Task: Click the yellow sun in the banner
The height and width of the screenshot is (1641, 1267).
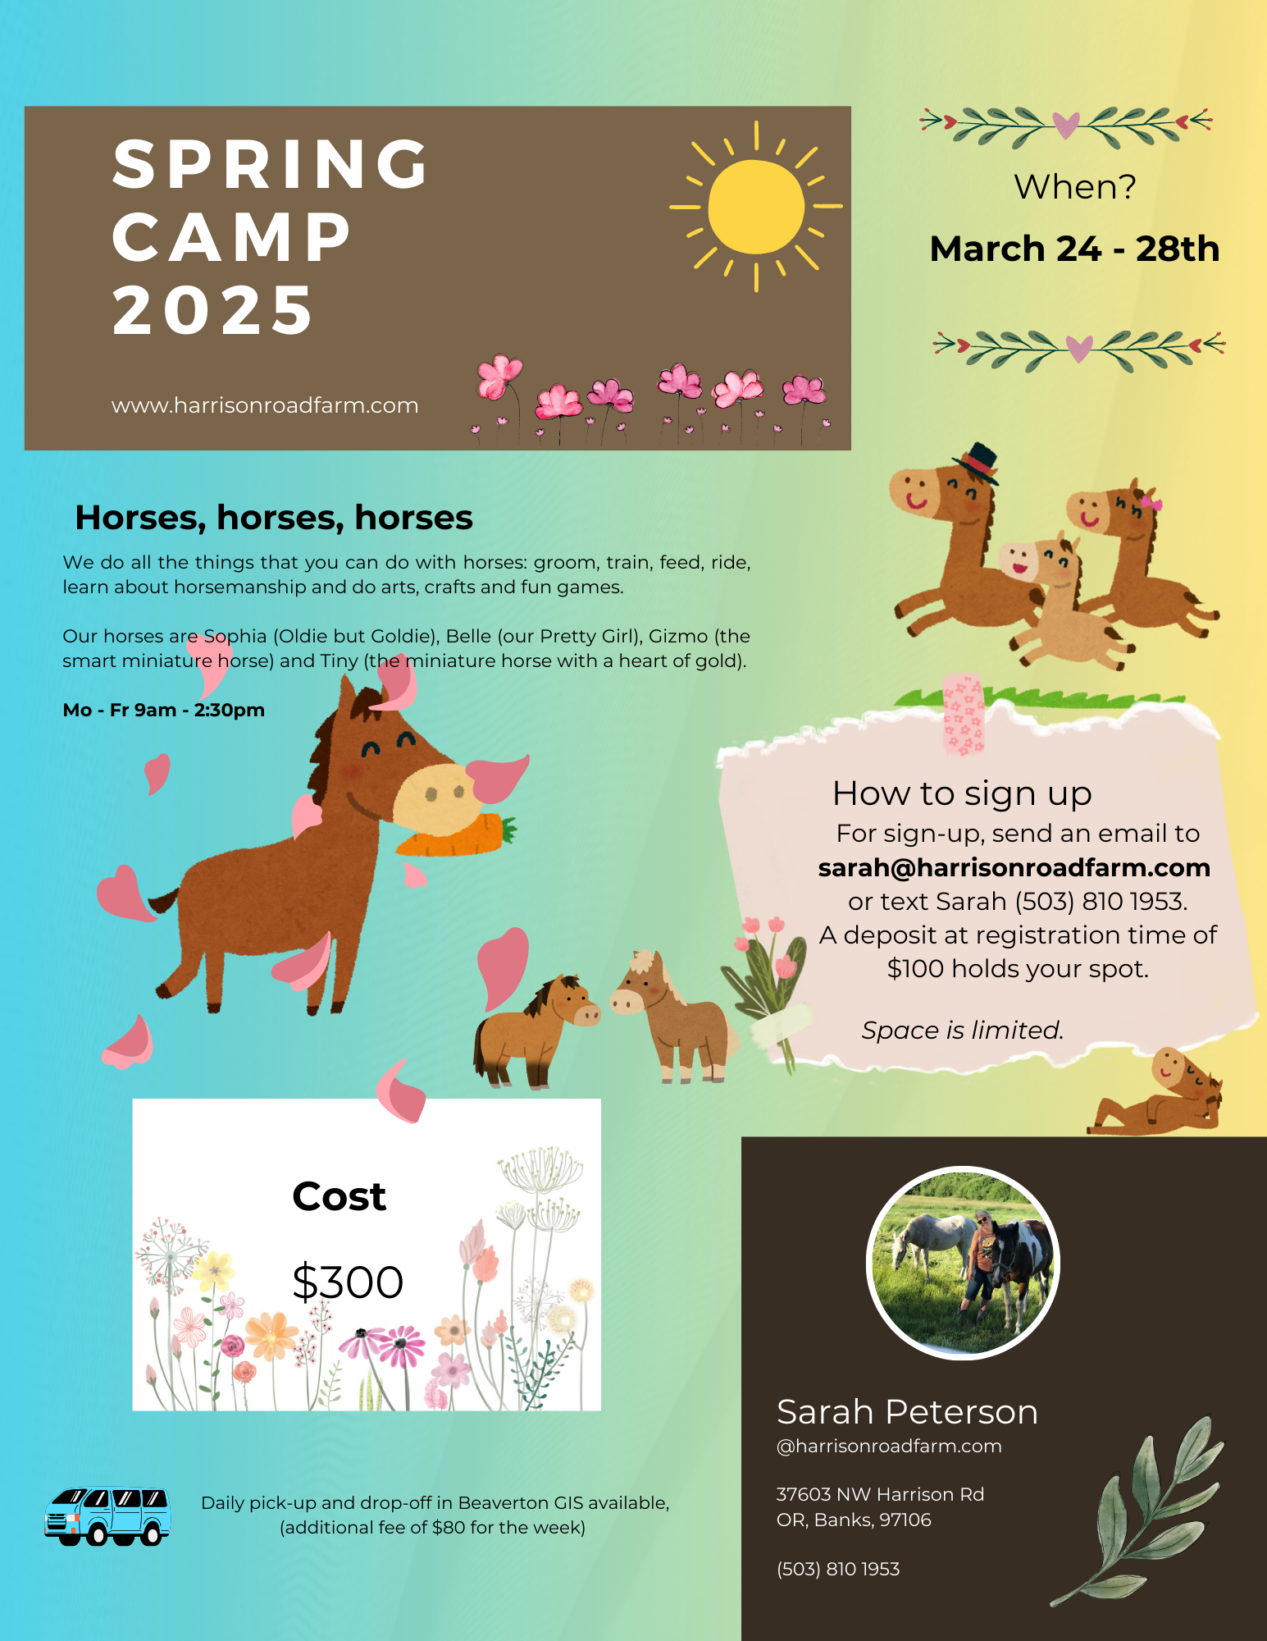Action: click(755, 206)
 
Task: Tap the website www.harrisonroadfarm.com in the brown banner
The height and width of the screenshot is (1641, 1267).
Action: click(265, 405)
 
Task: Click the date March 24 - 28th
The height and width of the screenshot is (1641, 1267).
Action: click(1074, 249)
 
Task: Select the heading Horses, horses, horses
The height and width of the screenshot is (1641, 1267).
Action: click(274, 518)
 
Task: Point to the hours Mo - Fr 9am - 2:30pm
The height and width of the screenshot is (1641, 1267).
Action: click(164, 710)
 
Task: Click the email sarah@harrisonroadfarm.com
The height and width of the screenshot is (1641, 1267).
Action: click(1014, 867)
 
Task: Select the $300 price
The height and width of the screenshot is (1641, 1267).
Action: click(348, 1282)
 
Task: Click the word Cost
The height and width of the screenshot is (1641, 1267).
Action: click(340, 1196)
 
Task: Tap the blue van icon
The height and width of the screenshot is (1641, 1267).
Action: click(107, 1516)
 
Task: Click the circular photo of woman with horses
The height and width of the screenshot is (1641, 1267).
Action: click(964, 1263)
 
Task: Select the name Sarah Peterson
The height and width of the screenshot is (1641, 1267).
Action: click(907, 1412)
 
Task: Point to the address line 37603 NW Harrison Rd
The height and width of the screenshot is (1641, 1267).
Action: click(880, 1494)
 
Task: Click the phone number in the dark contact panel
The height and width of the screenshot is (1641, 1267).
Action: click(838, 1569)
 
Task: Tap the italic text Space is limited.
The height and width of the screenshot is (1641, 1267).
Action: click(962, 1030)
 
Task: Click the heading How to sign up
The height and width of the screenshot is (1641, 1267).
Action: click(962, 793)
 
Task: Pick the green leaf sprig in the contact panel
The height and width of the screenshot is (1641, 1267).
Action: click(1137, 1511)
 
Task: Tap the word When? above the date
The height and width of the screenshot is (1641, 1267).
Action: click(1075, 186)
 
